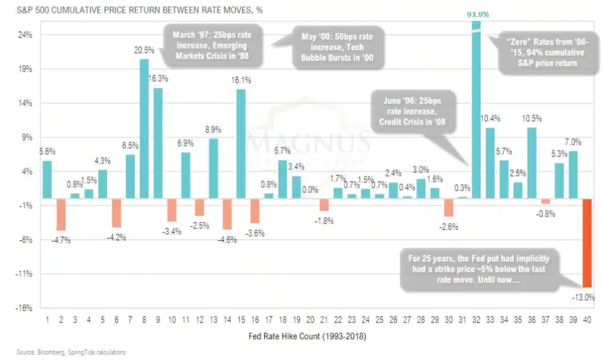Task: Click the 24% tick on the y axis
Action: tap(25, 35)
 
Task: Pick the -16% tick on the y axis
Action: tap(25, 308)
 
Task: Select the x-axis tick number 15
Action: tap(241, 320)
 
